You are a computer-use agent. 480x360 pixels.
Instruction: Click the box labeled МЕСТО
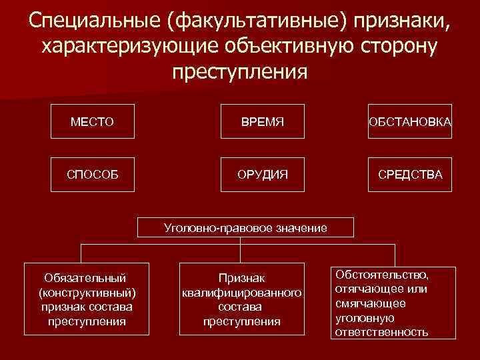coord(92,122)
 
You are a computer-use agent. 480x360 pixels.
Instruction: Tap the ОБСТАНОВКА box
coord(409,122)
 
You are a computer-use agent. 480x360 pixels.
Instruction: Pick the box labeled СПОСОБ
coord(92,174)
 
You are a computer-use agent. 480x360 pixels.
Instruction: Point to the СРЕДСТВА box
coord(409,174)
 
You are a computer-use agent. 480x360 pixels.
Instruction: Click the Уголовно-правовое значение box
coord(245,228)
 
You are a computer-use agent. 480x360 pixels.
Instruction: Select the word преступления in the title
coord(240,71)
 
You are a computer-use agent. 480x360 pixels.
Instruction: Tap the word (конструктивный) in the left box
coord(88,292)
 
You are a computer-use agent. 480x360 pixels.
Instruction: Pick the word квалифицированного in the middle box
coord(242,292)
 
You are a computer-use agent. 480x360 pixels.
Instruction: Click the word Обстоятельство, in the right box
coord(382,274)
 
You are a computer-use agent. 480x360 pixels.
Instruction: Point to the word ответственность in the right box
coord(381,331)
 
